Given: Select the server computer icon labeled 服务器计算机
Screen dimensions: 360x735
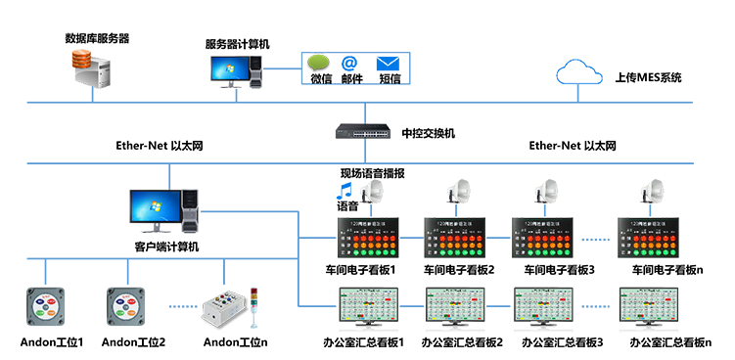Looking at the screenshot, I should pyautogui.click(x=237, y=70).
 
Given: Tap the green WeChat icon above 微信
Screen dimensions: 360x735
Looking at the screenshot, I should pyautogui.click(x=320, y=64).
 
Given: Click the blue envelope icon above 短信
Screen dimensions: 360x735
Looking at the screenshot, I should pyautogui.click(x=389, y=64).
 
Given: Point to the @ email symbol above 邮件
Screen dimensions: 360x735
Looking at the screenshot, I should pyautogui.click(x=350, y=64).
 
